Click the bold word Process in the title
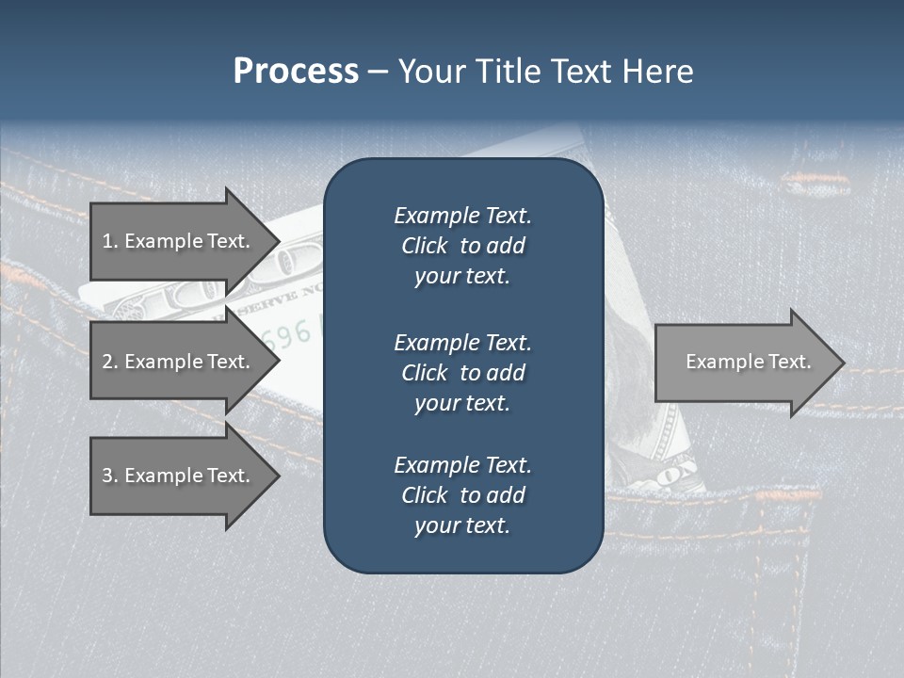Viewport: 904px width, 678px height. point(296,72)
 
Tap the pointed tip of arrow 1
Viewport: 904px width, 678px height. point(277,241)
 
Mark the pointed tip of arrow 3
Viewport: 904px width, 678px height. point(277,476)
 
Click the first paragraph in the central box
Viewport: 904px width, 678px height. point(462,246)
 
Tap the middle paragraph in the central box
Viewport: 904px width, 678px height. point(462,372)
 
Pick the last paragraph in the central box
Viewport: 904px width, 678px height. point(462,495)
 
